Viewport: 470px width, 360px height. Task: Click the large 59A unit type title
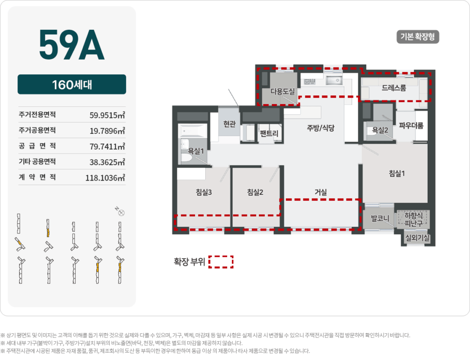(x=72, y=45)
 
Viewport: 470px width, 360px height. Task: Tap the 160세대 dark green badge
(x=72, y=85)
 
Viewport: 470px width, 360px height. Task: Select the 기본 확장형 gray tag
(x=418, y=37)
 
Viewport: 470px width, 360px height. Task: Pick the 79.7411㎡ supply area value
(x=107, y=146)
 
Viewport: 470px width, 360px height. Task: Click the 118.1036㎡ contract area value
(x=105, y=177)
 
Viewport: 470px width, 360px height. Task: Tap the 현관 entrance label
(x=229, y=124)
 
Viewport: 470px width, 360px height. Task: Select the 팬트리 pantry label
(x=269, y=133)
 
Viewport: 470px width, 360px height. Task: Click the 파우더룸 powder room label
(x=411, y=125)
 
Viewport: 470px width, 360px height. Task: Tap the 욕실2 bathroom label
(x=380, y=130)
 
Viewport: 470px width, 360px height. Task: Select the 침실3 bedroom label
(x=203, y=193)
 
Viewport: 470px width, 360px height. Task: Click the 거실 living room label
(x=320, y=193)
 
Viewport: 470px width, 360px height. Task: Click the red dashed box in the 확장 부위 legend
(x=221, y=261)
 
